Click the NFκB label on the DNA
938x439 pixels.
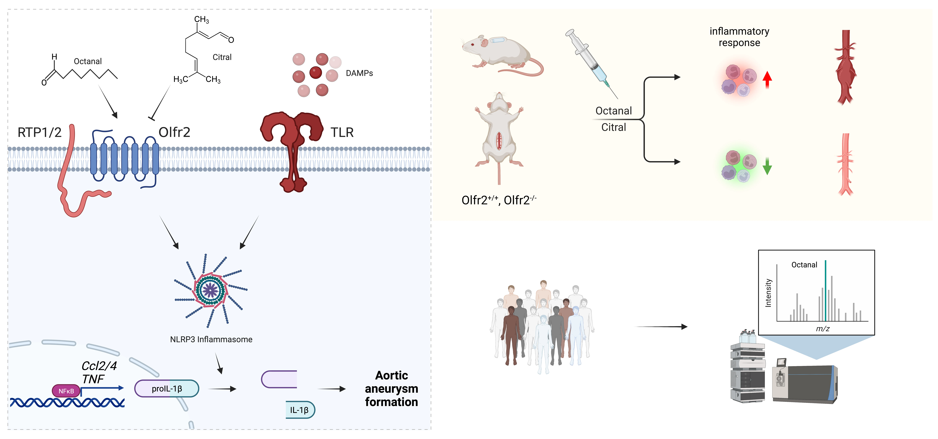tap(66, 391)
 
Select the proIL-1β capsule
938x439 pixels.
tap(167, 388)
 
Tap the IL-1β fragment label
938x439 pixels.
tap(299, 410)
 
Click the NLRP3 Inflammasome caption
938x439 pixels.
tap(211, 339)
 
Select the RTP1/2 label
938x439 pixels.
tap(39, 132)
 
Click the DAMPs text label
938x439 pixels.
tap(359, 73)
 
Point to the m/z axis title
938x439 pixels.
tap(823, 329)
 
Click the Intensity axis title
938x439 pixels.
tap(768, 293)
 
